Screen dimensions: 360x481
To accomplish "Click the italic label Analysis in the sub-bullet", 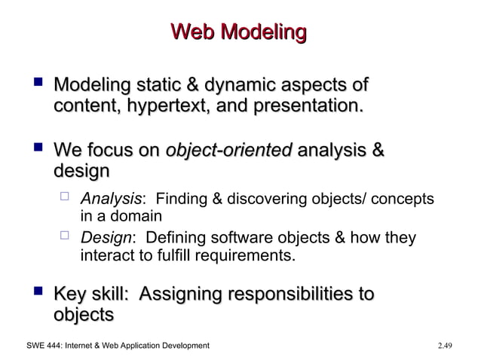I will click(110, 199).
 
